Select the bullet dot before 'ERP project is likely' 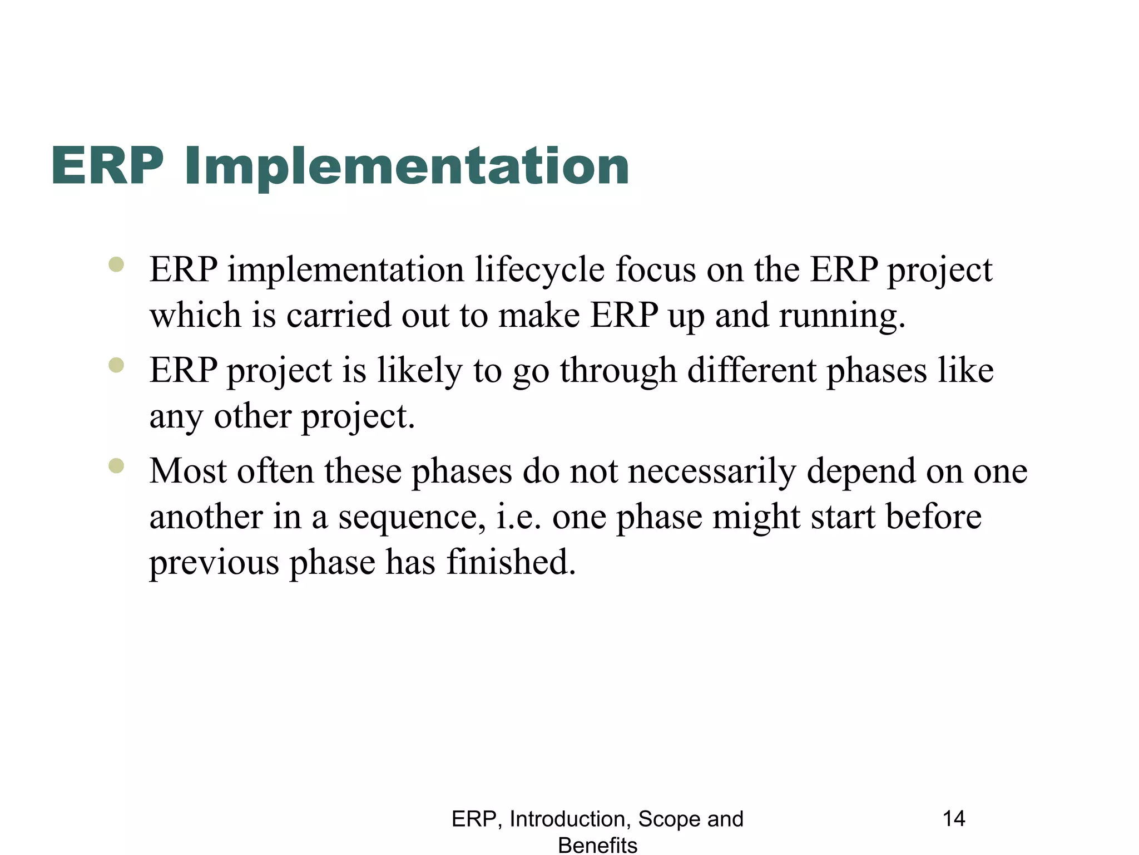(116, 365)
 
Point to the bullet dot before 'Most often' (116, 465)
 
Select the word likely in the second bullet (420, 371)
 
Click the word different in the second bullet (752, 371)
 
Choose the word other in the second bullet (252, 416)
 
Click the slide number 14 (954, 819)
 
